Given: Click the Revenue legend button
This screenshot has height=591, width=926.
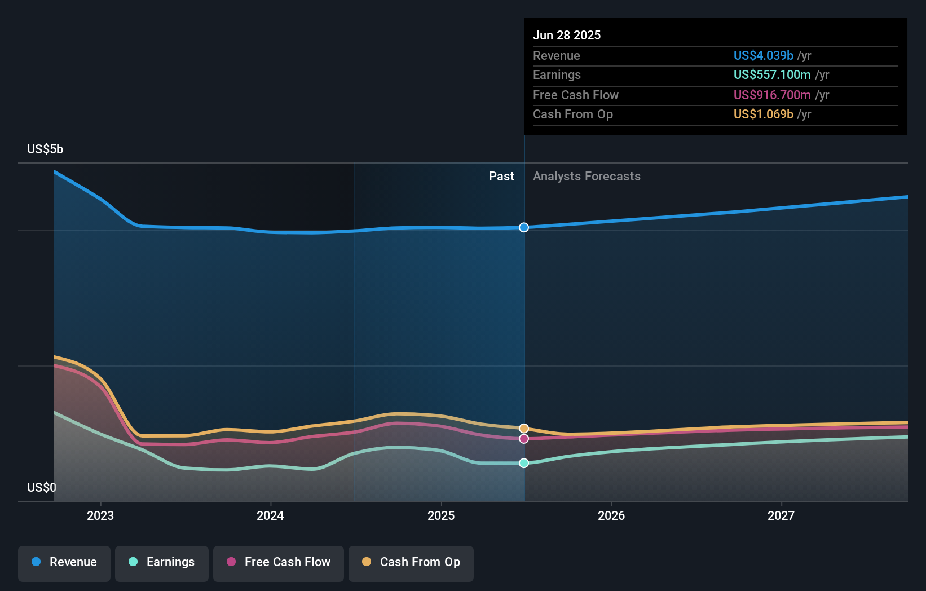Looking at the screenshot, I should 64,562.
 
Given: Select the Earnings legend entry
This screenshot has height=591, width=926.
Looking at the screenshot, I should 162,562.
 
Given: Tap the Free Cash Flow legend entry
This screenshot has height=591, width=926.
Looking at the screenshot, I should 279,562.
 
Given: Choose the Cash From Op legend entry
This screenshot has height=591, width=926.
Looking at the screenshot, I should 411,562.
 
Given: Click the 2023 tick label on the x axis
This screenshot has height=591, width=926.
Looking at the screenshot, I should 100,515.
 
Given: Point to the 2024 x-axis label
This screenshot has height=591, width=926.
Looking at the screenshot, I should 270,515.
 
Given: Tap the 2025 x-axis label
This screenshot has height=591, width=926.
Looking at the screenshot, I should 441,515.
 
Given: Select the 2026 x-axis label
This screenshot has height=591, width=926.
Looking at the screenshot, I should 611,515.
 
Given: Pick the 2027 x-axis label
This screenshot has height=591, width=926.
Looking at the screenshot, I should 781,515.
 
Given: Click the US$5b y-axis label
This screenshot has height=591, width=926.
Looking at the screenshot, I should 45,149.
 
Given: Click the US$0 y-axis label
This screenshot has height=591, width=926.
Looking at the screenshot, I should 42,487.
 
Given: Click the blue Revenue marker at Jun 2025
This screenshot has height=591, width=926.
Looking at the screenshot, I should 524,227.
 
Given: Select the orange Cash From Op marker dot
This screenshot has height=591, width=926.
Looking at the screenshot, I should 524,429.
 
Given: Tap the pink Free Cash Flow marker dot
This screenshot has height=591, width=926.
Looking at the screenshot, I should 524,439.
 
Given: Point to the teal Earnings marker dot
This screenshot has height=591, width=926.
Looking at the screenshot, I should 524,463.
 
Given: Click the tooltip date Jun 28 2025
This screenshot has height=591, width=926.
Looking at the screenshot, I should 567,35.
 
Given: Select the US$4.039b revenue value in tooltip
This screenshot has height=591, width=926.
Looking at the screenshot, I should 763,55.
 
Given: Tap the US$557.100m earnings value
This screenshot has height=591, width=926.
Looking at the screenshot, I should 772,74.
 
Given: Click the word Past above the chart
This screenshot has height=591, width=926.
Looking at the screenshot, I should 501,177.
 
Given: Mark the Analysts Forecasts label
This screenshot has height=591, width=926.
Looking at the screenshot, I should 587,177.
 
